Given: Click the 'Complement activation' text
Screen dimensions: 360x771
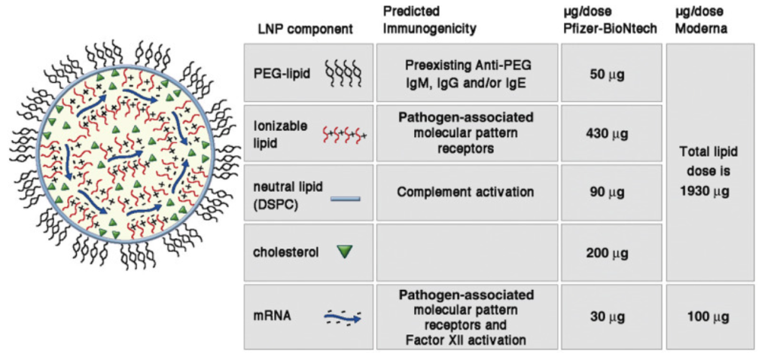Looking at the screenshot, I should pos(465,192).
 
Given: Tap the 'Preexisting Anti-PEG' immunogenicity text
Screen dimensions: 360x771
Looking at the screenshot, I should pos(465,66).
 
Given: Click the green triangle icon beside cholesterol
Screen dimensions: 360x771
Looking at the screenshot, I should pos(345,252).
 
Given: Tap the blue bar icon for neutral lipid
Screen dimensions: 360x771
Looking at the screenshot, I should pos(346,199).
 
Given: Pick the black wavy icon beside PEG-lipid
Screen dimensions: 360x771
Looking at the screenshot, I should pos(346,74).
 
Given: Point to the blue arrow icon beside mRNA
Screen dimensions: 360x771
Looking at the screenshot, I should pos(343,318).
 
